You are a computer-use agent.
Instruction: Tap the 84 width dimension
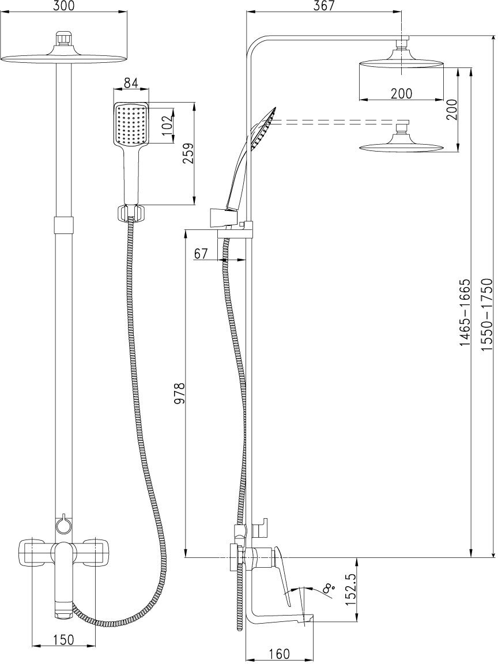(x=131, y=83)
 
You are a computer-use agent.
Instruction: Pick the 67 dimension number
(x=201, y=254)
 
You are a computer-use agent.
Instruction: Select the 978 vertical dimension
(x=179, y=394)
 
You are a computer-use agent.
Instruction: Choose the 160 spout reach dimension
(x=279, y=654)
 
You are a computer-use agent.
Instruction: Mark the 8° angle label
(x=329, y=588)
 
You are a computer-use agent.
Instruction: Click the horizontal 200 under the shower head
(x=401, y=93)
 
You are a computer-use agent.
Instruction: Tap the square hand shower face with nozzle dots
(x=131, y=124)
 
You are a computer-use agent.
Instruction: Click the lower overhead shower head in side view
(x=402, y=144)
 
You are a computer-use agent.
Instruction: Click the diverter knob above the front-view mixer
(x=63, y=525)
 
